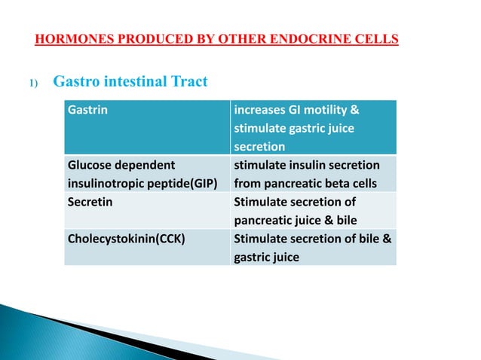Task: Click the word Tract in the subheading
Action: point(188,82)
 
